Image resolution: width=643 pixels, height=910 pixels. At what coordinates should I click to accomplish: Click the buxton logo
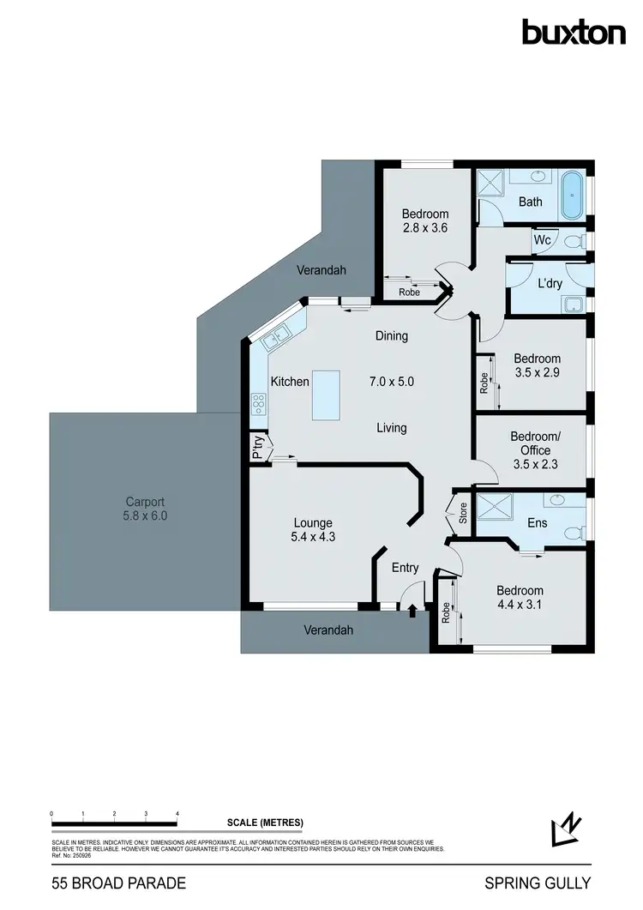574,33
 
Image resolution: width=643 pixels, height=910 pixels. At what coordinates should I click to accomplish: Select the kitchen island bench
326,395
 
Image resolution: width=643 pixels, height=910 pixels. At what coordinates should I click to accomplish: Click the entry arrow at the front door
413,610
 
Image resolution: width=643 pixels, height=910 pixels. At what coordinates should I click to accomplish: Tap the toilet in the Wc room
580,240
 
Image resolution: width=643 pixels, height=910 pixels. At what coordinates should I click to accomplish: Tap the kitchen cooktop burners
258,403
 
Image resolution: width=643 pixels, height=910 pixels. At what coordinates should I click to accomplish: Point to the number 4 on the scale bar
177,812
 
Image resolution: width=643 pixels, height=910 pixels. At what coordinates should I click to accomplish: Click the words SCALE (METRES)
265,823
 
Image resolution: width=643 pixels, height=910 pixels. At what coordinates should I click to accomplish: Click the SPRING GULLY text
538,883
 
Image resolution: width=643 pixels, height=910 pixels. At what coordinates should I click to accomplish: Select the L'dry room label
550,282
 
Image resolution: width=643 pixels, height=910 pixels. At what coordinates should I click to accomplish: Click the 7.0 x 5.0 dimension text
391,381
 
